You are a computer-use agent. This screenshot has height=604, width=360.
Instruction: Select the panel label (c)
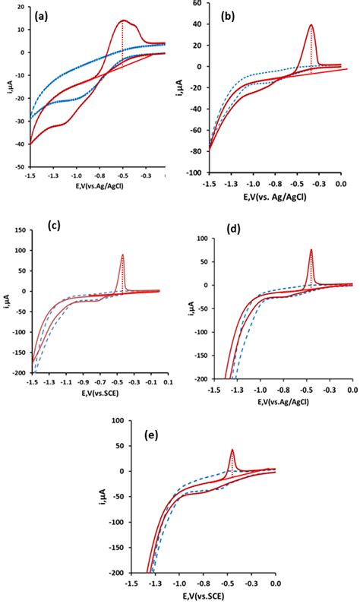point(54,225)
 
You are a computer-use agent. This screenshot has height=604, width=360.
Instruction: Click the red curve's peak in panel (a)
point(123,21)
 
